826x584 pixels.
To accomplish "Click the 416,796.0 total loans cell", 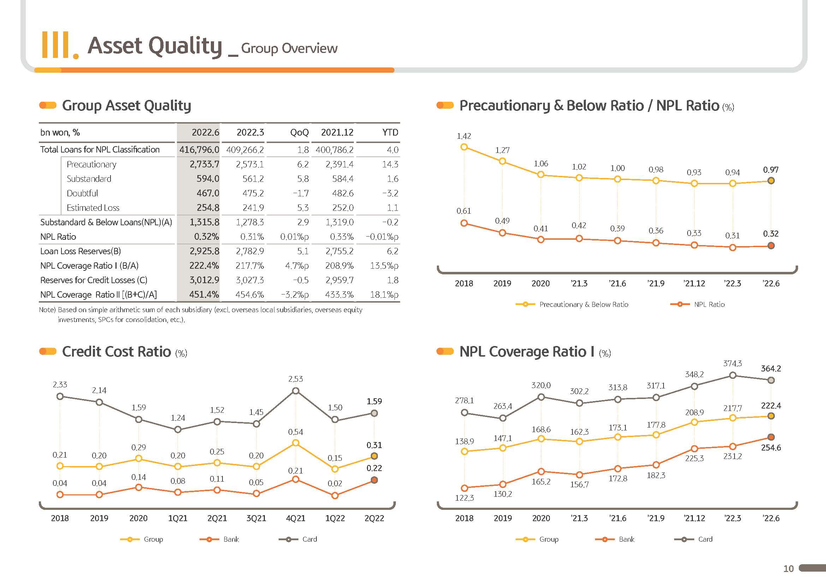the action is tap(199, 150).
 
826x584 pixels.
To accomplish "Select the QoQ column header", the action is tap(299, 132).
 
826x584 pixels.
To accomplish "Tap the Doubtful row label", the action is tap(82, 193).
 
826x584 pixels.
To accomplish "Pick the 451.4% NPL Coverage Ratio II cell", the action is tap(204, 294).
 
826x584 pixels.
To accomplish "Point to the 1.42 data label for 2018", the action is tap(464, 136).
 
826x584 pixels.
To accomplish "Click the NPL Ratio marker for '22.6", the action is tap(771, 246).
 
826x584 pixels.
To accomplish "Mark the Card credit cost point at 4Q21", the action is tap(295, 391).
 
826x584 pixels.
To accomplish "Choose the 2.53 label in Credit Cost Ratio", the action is tap(295, 379).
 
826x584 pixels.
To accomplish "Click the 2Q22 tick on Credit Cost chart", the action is tap(374, 518).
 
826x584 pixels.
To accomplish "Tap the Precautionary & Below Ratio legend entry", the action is tap(572, 304).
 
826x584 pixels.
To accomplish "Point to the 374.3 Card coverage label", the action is tap(732, 363).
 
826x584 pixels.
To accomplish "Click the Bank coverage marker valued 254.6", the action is tap(771, 437).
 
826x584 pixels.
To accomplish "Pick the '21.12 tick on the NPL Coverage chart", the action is tap(694, 518).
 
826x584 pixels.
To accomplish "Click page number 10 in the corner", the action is tap(788, 568).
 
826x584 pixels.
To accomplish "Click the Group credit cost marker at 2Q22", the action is tap(374, 456).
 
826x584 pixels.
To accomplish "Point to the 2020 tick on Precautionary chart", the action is tap(541, 284).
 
